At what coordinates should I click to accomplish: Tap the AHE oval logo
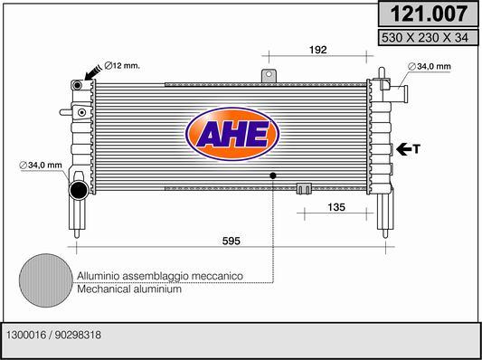pos(232,135)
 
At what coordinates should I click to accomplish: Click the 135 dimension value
pos(336,207)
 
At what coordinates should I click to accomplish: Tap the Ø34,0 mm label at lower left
pos(41,165)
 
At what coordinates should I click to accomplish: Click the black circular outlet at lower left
pos(79,190)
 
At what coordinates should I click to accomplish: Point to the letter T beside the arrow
pos(417,149)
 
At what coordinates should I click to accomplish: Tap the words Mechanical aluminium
pos(130,290)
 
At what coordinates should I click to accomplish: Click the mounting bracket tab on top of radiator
pos(269,76)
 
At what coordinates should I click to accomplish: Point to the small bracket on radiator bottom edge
pos(305,189)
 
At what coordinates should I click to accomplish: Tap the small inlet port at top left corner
pos(79,84)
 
